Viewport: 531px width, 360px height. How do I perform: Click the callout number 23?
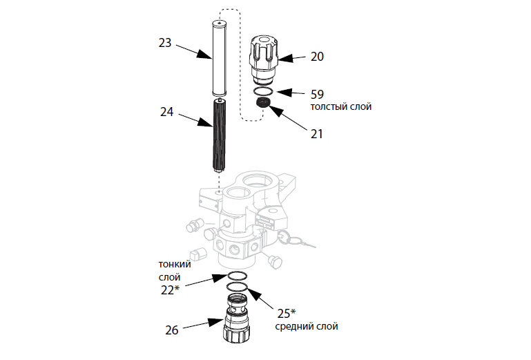click(165, 43)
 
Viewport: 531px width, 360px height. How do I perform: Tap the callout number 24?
click(166, 112)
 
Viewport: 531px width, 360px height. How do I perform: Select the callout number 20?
click(317, 56)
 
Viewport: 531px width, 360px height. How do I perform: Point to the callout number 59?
click(317, 94)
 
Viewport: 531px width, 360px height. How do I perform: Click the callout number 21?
click(317, 134)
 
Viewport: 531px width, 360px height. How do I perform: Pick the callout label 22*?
click(170, 290)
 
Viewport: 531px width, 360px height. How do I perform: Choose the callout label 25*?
click(287, 313)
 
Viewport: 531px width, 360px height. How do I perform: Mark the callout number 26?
click(172, 330)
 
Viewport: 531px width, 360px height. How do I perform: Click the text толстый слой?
click(341, 107)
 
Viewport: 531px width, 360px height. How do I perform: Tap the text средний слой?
click(307, 326)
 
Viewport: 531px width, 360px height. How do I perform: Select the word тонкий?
click(175, 265)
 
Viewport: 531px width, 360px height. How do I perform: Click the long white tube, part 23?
click(219, 58)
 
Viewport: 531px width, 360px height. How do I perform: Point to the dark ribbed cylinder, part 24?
click(219, 135)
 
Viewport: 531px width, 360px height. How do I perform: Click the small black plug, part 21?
click(262, 103)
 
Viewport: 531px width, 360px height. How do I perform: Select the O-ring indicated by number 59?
click(263, 91)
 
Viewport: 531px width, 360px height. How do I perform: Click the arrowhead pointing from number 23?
click(204, 55)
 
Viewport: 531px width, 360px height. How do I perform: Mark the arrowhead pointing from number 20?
click(285, 58)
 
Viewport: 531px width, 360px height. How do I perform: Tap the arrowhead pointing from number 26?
click(215, 323)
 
